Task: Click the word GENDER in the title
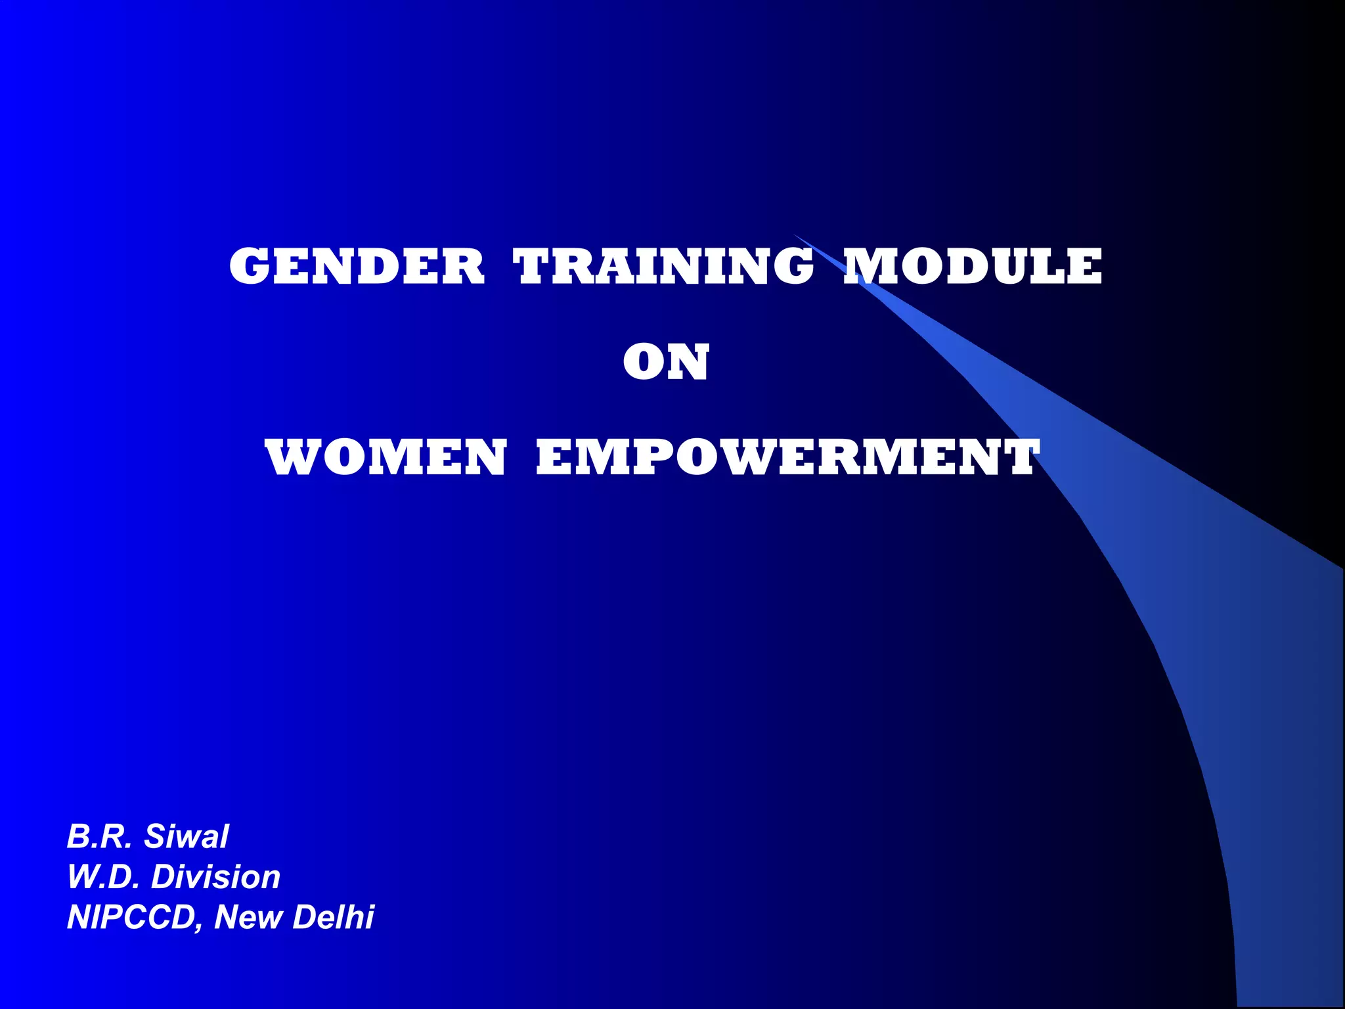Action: pos(357,267)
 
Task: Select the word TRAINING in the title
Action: pos(664,267)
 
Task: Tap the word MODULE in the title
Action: pos(973,267)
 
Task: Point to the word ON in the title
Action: pos(666,363)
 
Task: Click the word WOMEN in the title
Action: pos(386,458)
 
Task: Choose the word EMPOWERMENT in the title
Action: pos(787,458)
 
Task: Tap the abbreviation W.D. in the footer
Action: pos(103,877)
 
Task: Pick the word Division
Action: pos(215,877)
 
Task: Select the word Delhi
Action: pos(333,917)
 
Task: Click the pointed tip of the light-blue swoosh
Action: pos(796,235)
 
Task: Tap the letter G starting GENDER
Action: pos(249,267)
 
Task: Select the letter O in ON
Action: pos(643,363)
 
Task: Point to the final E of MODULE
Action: pos(1084,267)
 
